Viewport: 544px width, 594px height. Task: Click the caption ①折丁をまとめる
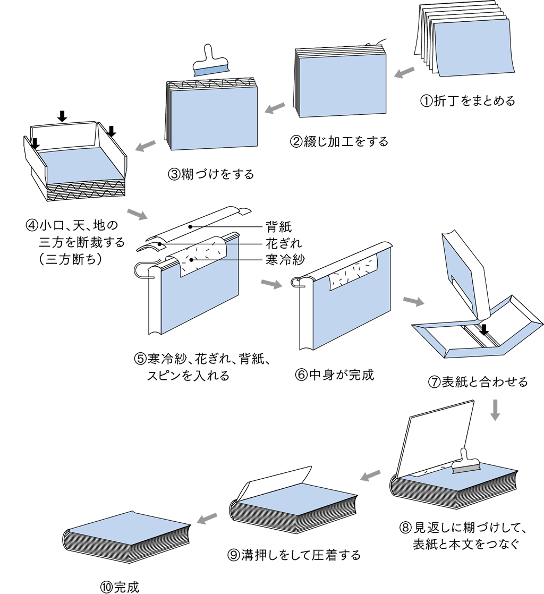click(x=467, y=101)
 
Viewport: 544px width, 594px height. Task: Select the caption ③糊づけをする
click(x=211, y=174)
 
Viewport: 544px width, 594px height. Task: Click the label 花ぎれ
click(x=284, y=244)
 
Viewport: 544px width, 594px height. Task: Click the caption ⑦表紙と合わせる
click(x=478, y=381)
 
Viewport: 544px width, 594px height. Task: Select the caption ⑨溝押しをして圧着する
click(x=294, y=555)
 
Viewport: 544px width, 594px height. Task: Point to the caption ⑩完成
click(x=120, y=587)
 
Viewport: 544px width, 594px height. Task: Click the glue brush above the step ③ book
click(x=211, y=62)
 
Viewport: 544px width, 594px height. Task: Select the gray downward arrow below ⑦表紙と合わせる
click(x=495, y=410)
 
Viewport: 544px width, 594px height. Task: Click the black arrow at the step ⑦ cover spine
click(x=484, y=330)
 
